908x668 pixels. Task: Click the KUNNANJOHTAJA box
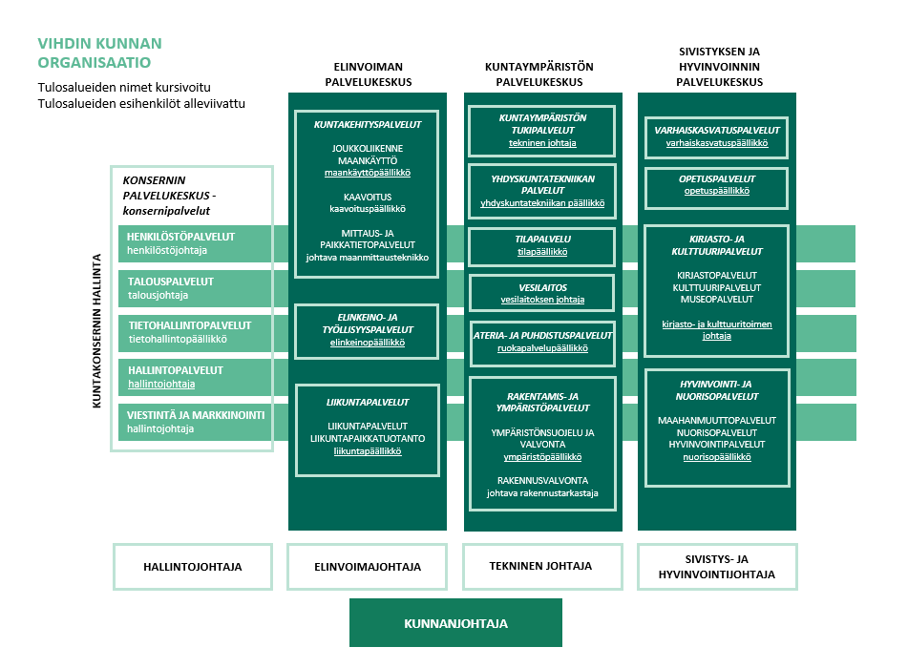click(x=455, y=623)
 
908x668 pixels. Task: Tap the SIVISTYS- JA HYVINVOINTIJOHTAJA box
click(x=716, y=567)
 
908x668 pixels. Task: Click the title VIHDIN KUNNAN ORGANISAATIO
click(x=99, y=53)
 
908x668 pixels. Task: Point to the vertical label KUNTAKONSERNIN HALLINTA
click(x=97, y=330)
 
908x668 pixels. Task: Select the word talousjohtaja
click(x=158, y=296)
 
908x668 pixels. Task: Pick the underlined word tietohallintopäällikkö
click(x=177, y=340)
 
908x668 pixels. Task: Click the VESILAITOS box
click(x=542, y=292)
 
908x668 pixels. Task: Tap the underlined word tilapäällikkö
click(x=541, y=252)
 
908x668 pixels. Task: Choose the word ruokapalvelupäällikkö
click(x=541, y=349)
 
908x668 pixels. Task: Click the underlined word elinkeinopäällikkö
click(x=367, y=342)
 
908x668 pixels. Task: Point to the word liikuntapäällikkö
click(x=367, y=451)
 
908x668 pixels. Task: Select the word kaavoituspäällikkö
click(x=367, y=208)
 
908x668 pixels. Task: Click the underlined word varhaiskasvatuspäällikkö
click(x=716, y=143)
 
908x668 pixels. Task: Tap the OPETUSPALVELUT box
click(x=716, y=183)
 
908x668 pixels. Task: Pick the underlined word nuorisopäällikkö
click(x=716, y=457)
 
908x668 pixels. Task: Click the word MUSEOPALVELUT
click(x=716, y=299)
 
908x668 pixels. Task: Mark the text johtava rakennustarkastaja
click(x=541, y=493)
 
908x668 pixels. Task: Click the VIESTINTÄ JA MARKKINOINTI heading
click(x=196, y=415)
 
